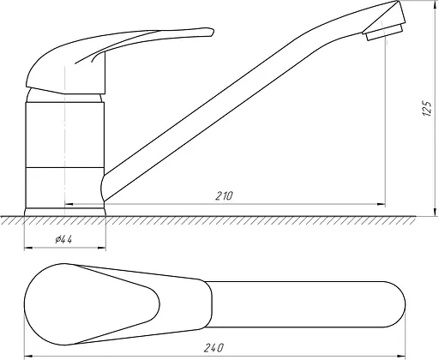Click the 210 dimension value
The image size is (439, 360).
[224, 196]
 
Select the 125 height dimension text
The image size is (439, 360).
[427, 108]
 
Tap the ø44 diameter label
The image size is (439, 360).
[63, 239]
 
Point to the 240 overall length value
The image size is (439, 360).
[214, 348]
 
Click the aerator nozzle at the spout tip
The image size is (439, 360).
[383, 33]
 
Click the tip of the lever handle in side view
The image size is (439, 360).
[213, 31]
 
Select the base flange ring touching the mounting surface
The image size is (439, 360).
[65, 212]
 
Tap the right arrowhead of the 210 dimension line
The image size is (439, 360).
[382, 204]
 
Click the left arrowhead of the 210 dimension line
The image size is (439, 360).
[69, 204]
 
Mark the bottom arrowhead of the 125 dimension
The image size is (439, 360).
[436, 212]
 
